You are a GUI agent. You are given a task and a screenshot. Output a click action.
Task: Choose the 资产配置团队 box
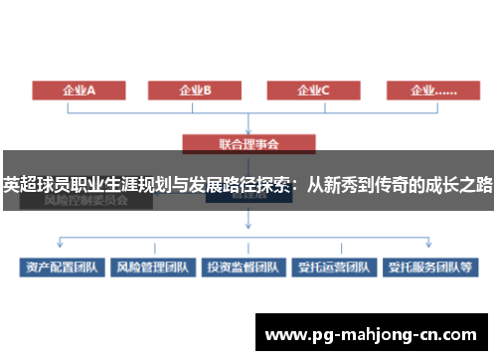click(x=62, y=268)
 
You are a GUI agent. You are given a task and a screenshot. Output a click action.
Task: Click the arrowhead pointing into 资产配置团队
click(x=62, y=254)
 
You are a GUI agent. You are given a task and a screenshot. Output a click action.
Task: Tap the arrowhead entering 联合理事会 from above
click(x=248, y=132)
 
